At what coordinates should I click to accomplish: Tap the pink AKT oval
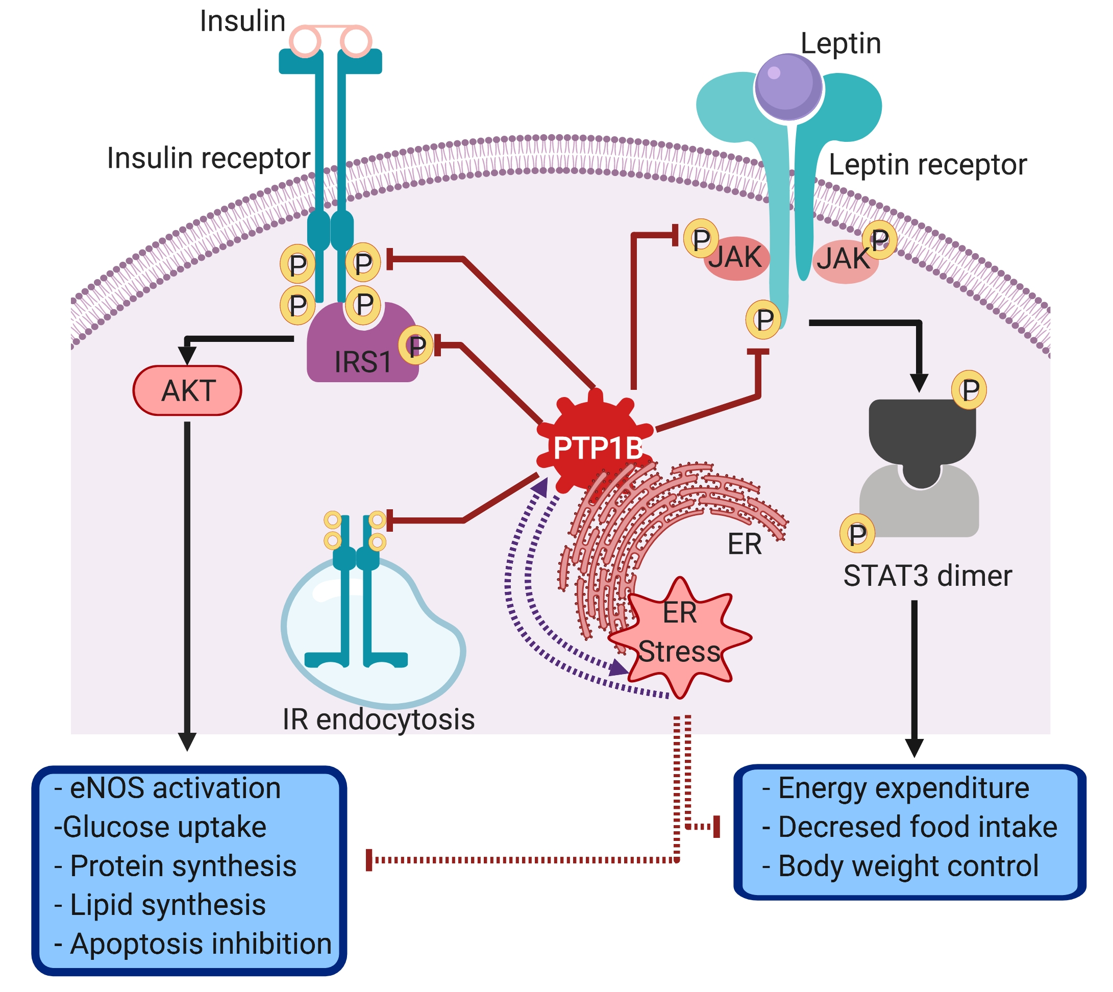(x=187, y=391)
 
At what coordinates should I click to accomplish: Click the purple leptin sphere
(x=788, y=86)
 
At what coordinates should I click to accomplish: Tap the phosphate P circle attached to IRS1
(x=416, y=345)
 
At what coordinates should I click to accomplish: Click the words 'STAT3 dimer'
(x=927, y=576)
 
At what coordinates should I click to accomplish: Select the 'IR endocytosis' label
(x=378, y=720)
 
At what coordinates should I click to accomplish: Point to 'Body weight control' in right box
(x=907, y=866)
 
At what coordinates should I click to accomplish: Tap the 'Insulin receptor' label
(x=208, y=159)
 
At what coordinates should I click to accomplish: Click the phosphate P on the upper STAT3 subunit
(x=969, y=390)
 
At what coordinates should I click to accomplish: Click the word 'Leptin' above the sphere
(x=840, y=43)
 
